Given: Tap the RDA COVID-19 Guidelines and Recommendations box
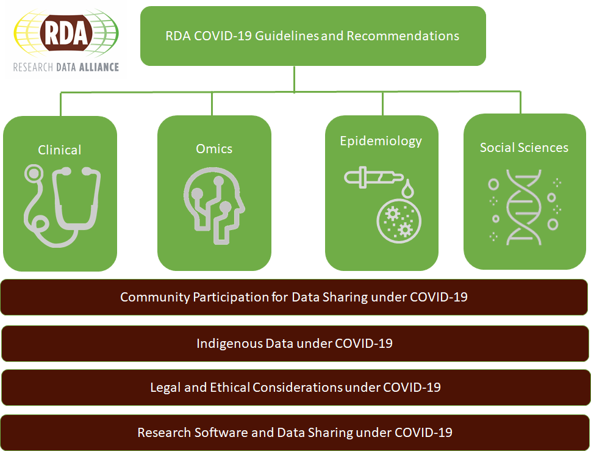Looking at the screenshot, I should (313, 35).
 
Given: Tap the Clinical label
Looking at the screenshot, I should (60, 150).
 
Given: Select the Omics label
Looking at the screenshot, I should (214, 148).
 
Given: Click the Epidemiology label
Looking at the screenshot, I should (381, 141).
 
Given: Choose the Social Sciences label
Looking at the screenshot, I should (524, 147).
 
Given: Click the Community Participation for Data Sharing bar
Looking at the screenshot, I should (295, 297).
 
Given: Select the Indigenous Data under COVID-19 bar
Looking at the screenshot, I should (295, 343).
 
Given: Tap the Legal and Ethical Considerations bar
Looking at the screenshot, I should (295, 388).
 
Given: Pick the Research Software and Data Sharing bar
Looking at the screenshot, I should (295, 433).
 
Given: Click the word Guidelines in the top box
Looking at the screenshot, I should (286, 35).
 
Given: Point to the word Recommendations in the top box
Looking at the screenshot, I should (403, 35).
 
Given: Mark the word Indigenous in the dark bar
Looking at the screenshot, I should (229, 343).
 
